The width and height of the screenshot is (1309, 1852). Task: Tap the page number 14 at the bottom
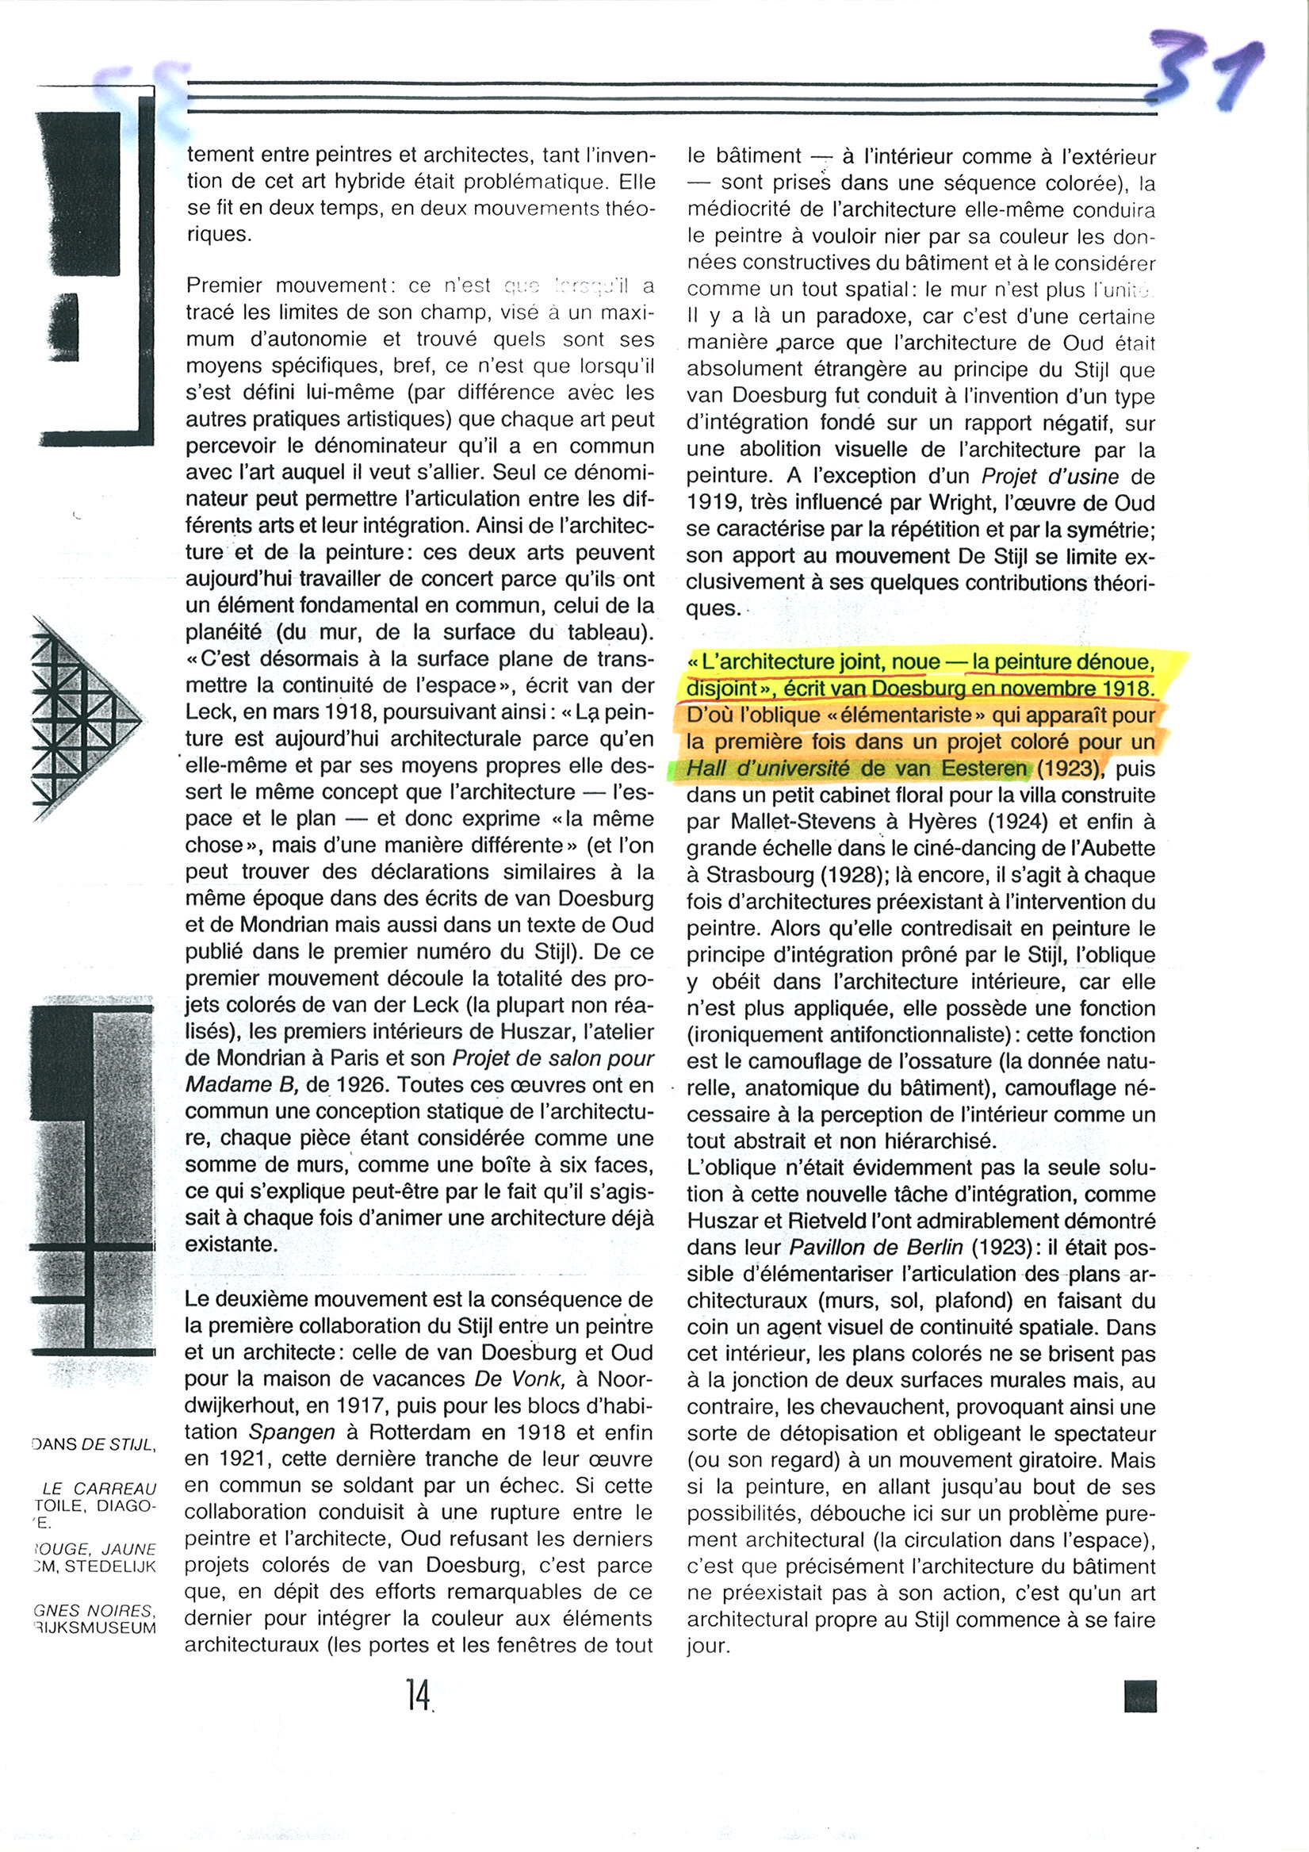point(419,1695)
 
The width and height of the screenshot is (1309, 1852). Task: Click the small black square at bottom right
point(1139,1697)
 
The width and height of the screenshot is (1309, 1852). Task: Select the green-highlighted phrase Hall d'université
point(768,769)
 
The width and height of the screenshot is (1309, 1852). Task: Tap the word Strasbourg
point(759,875)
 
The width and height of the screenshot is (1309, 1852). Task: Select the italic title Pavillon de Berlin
point(876,1247)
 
